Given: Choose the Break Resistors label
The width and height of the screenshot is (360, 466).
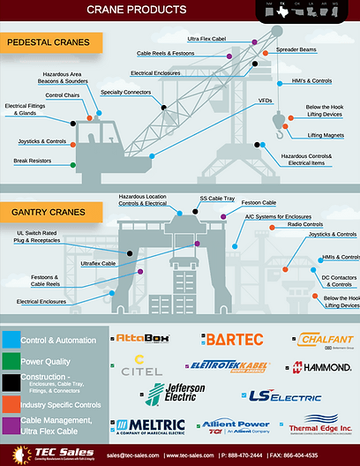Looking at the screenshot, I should tap(34, 161).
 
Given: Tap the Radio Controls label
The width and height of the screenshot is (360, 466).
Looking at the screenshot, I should tap(307, 225).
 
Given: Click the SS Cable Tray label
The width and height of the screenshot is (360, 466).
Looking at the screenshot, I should tap(216, 199).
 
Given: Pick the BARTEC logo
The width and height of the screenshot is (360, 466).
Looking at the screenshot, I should tap(234, 339).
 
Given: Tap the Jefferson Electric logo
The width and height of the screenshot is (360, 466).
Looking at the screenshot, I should tap(176, 393).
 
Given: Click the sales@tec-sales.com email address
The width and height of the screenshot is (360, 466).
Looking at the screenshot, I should tap(132, 455).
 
